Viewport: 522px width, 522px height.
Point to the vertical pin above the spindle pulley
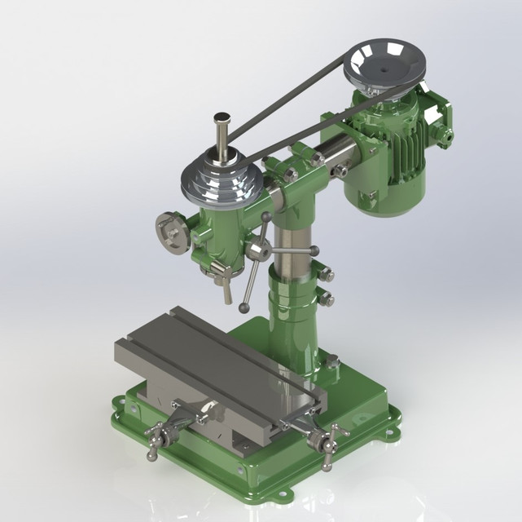(x=221, y=135)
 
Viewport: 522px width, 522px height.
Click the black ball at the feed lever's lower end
(x=243, y=307)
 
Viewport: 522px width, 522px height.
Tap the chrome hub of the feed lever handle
(x=260, y=250)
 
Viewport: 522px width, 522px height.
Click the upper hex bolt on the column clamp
(x=326, y=275)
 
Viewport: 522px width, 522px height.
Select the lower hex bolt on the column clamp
(x=326, y=299)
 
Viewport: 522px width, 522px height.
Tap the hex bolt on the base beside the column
(x=332, y=361)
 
